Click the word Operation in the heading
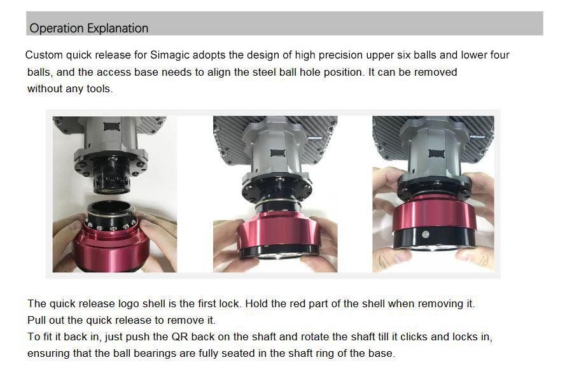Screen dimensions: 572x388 (57, 29)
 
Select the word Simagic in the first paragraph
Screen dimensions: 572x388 (170, 55)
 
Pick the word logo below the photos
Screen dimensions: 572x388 (129, 304)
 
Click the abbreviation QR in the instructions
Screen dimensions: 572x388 (179, 336)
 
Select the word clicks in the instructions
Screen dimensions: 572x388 (414, 336)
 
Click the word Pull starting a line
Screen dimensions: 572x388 (36, 320)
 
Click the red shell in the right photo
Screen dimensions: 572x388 (434, 218)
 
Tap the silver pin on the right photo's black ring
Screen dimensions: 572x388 (426, 234)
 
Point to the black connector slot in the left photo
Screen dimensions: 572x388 (112, 127)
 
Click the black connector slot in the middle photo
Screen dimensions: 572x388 (277, 153)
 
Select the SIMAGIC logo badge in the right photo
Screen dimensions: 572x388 (477, 137)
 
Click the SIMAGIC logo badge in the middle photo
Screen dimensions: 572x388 (314, 137)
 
